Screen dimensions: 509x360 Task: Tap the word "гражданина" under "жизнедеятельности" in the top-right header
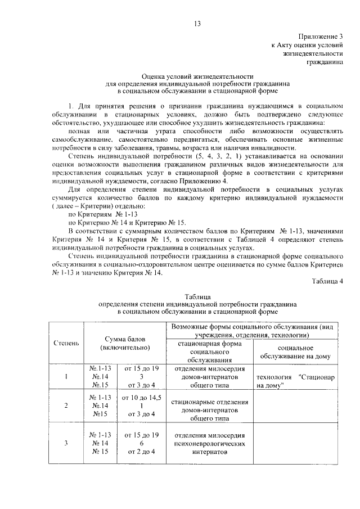point(325,62)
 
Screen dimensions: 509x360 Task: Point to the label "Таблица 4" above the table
point(327,281)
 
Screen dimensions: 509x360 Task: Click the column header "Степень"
point(66,343)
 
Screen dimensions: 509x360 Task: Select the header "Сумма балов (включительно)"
point(123,343)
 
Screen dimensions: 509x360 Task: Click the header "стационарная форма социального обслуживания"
point(206,352)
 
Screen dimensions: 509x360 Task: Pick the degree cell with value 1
point(66,377)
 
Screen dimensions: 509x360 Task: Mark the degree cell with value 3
point(66,443)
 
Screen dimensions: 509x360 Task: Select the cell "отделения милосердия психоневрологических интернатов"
point(206,443)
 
